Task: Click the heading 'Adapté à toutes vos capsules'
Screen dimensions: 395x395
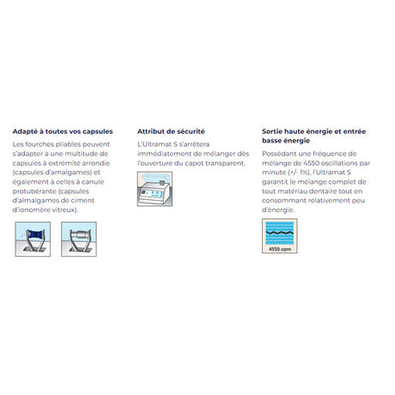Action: (63, 131)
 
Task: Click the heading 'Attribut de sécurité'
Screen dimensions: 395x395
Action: (171, 131)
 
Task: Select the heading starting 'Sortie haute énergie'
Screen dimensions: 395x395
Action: (314, 136)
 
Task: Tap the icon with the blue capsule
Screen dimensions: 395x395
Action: (33, 239)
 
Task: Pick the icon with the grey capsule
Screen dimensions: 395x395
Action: (79, 239)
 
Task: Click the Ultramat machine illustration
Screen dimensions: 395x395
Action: (155, 189)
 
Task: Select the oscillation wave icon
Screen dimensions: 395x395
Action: (280, 236)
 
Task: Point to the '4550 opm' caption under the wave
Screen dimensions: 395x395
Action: (280, 249)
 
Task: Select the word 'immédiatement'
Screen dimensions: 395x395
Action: (164, 154)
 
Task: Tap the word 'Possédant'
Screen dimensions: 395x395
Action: (279, 154)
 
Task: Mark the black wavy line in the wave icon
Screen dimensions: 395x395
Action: (280, 233)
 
